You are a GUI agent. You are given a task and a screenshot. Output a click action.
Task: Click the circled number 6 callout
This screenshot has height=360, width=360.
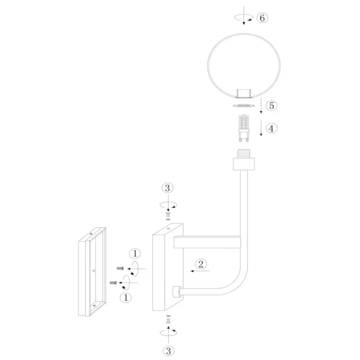coord(262,17)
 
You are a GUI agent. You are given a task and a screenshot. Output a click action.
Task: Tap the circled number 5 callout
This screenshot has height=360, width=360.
coord(272,106)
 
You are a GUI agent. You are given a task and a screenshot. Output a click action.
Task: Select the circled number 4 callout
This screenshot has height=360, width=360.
coord(271,128)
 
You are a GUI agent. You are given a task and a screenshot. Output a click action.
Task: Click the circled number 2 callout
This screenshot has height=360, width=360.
coord(201,264)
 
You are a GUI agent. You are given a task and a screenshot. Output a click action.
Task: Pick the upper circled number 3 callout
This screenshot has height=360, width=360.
coord(167,188)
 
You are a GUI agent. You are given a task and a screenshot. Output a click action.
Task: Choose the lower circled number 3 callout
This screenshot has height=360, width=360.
coord(169,351)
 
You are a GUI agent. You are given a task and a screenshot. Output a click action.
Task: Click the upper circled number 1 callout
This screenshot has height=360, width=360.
coord(135,253)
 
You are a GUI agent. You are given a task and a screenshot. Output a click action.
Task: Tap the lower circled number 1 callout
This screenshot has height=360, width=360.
coord(125,298)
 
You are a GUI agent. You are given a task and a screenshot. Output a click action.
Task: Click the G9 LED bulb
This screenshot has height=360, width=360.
coord(244,128)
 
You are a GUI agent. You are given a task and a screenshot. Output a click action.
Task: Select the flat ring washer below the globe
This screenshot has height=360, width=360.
coord(244,106)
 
